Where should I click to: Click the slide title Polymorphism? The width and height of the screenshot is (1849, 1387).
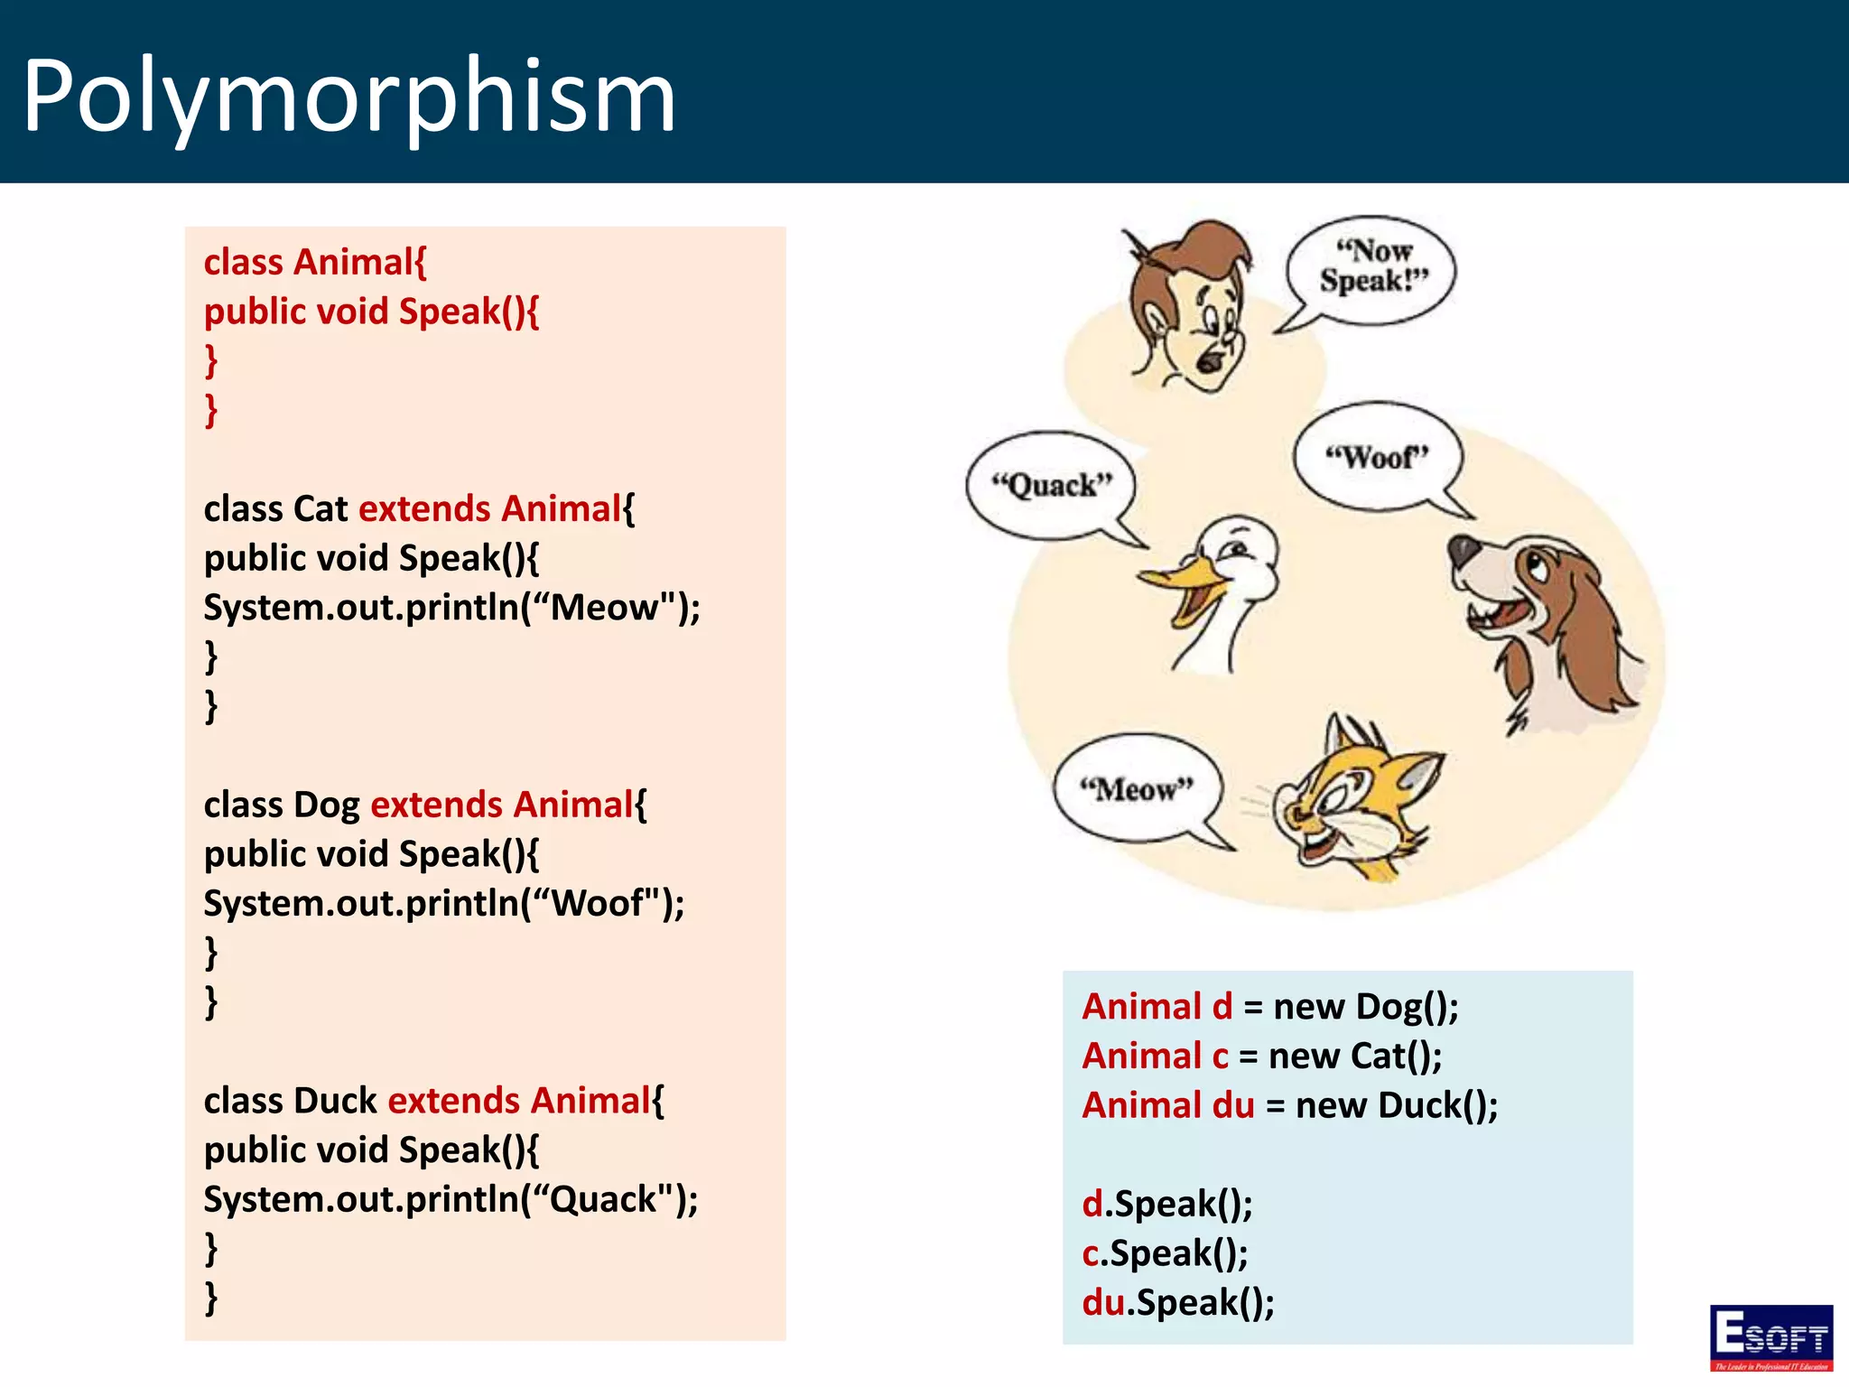[x=348, y=96]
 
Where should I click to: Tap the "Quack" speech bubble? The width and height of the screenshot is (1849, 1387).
[x=1051, y=486]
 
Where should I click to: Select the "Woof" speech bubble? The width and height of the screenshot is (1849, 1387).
[x=1377, y=457]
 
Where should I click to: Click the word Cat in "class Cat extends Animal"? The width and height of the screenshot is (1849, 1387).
[x=321, y=508]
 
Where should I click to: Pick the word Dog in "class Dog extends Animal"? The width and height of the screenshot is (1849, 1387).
[x=326, y=805]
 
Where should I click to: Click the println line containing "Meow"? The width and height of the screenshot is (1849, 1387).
[x=451, y=608]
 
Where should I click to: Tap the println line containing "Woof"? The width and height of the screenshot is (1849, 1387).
[x=443, y=903]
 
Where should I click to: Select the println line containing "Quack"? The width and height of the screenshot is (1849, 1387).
[x=451, y=1199]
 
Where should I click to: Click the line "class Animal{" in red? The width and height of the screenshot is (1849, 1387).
[x=315, y=262]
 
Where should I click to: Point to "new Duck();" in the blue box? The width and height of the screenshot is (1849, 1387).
[x=1396, y=1105]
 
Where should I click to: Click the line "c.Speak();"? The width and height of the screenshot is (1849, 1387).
[x=1165, y=1253]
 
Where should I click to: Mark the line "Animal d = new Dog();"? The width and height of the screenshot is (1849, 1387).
[x=1269, y=1007]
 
